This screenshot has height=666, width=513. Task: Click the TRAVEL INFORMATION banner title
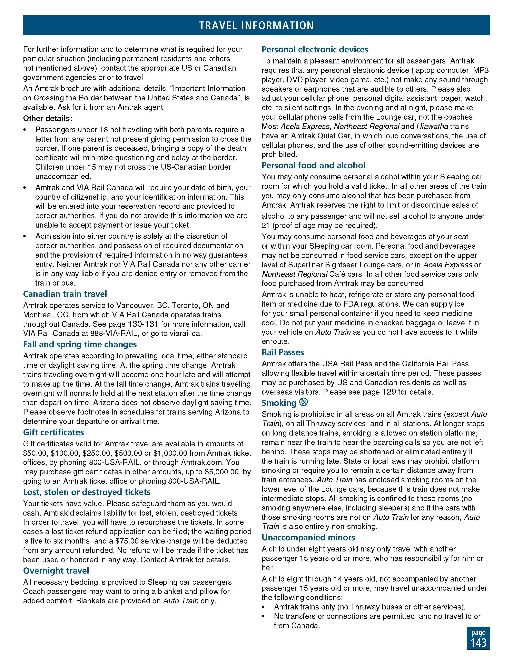256,25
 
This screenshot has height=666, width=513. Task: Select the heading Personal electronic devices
315,49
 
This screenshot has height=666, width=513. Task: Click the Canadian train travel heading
65,294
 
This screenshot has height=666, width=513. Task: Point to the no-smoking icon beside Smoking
304,402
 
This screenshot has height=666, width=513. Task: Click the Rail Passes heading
283,352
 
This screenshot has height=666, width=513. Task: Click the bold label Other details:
48,118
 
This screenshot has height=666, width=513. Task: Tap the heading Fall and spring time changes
80,344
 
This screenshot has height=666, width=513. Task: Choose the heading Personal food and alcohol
313,165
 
